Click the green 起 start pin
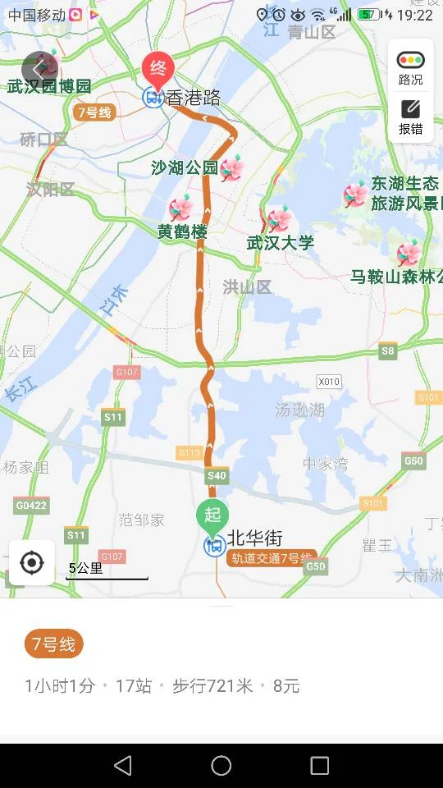point(212,515)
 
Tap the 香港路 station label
point(194,98)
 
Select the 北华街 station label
point(255,538)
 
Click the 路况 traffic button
point(411,67)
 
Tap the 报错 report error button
point(411,117)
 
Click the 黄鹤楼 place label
point(182,231)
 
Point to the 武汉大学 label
point(281,242)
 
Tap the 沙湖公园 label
point(185,168)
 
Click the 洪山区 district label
point(247,286)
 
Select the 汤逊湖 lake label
point(299,410)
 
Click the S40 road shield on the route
point(217,475)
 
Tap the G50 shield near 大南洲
point(316,566)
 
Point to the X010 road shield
point(329,382)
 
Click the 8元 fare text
point(286,686)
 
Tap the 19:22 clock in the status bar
point(414,15)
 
